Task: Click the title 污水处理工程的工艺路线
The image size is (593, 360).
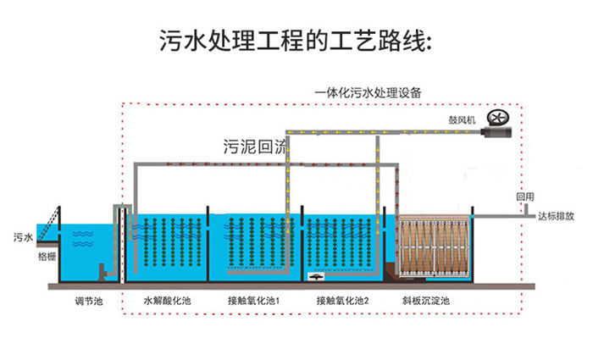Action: (x=296, y=40)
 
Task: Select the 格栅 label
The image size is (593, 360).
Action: (x=47, y=254)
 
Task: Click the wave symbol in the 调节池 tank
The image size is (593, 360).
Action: (x=82, y=239)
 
